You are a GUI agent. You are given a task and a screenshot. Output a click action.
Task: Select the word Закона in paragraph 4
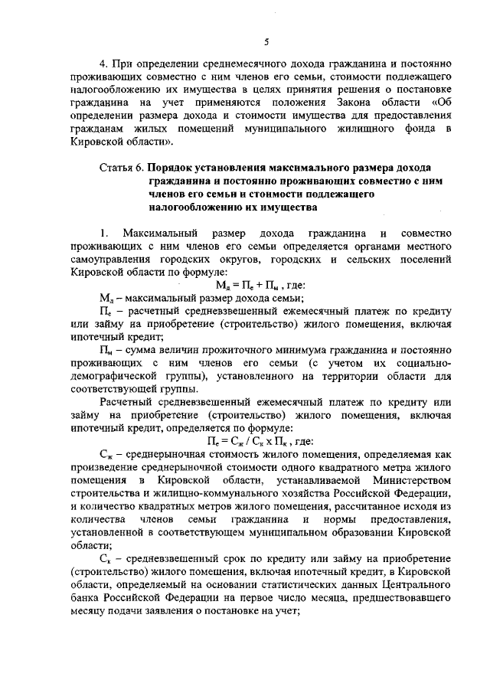click(348, 101)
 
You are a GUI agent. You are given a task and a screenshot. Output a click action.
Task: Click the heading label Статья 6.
click(121, 166)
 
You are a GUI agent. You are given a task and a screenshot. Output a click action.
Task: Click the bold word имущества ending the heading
click(286, 207)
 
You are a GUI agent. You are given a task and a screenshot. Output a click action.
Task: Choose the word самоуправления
click(112, 259)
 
